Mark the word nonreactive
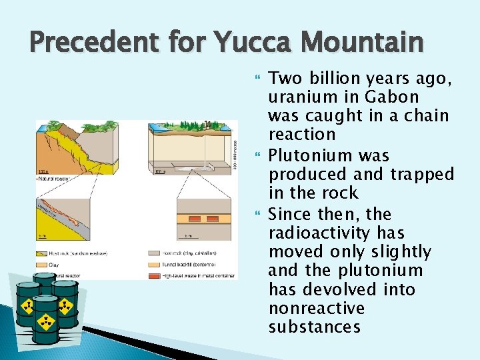(x=317, y=307)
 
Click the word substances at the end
(x=314, y=327)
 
